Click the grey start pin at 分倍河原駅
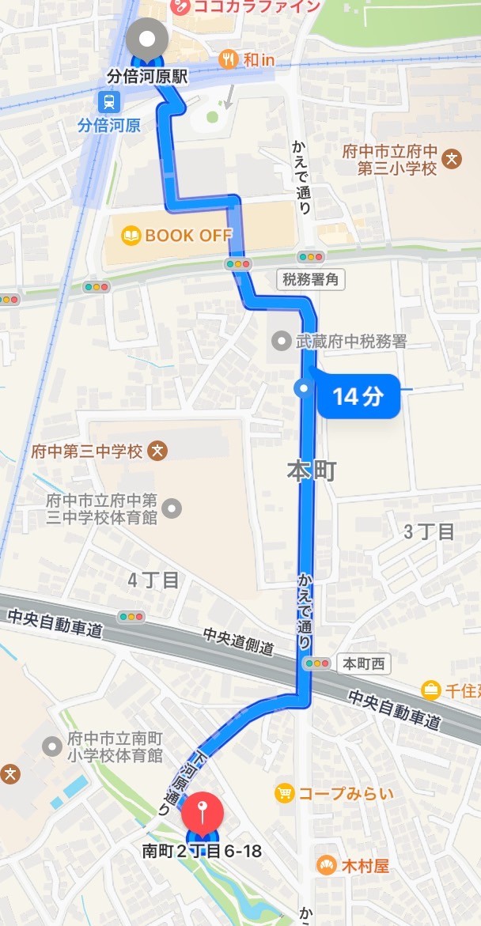pos(147,37)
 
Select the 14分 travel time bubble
pos(357,395)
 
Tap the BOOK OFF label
pos(188,235)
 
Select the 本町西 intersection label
pos(363,663)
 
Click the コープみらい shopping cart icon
pos(284,792)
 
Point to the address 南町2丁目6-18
pos(201,852)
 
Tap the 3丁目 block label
pos(430,531)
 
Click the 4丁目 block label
pos(153,580)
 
